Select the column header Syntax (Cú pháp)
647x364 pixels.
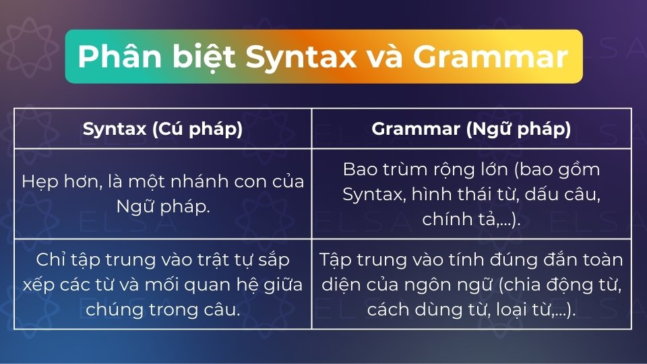(162, 129)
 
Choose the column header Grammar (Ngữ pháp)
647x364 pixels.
(471, 129)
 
